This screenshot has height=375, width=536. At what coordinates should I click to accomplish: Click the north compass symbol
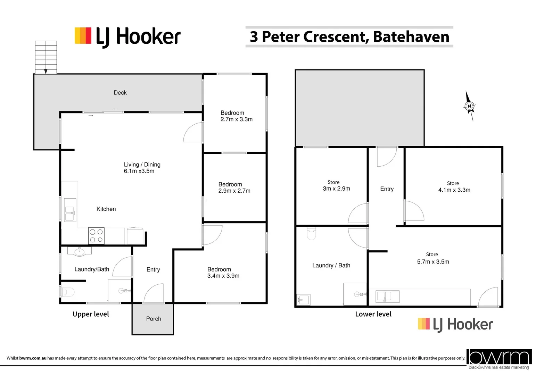click(x=469, y=106)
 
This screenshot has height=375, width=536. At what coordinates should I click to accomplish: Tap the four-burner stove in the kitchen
click(x=96, y=236)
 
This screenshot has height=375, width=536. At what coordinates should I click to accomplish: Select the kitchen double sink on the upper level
click(x=70, y=210)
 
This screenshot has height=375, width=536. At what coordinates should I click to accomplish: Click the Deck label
click(x=120, y=93)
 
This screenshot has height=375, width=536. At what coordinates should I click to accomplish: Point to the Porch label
click(x=154, y=319)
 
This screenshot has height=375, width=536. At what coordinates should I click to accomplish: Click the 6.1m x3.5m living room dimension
click(x=139, y=171)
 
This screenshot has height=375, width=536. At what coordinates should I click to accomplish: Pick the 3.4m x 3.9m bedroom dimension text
click(x=223, y=276)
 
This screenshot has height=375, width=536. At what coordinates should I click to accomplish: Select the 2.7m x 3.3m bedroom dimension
click(x=237, y=119)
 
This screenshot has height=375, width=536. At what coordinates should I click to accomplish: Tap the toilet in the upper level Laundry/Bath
click(x=68, y=292)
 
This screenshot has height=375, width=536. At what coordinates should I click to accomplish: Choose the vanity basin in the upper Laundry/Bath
click(x=80, y=251)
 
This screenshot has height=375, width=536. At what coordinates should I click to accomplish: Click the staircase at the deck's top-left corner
click(x=46, y=57)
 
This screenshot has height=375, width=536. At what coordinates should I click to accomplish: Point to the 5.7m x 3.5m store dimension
click(x=433, y=262)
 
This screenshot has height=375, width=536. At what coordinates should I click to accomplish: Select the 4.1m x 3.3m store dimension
click(x=454, y=190)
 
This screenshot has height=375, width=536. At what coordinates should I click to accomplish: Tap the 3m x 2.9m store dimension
click(x=336, y=189)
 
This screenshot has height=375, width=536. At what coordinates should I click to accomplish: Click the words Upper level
click(x=91, y=314)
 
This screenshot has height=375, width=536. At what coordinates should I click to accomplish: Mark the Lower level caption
click(x=373, y=314)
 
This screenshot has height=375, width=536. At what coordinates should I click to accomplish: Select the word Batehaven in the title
click(x=411, y=37)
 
